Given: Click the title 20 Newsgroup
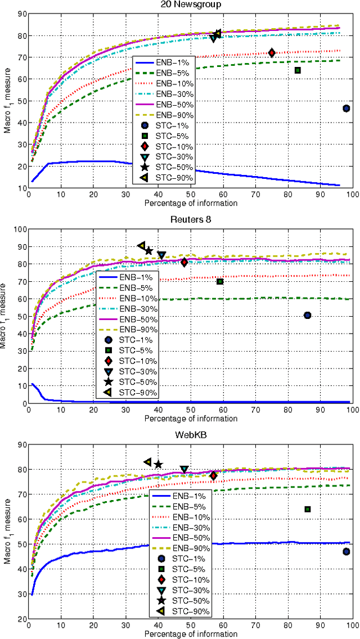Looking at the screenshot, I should click(x=190, y=5).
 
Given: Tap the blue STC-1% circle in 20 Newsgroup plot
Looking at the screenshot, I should click(x=346, y=109).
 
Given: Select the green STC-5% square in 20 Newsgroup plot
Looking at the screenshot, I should click(x=298, y=70).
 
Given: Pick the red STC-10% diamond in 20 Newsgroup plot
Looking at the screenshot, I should click(x=272, y=53).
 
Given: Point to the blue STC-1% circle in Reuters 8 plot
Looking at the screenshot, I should click(x=308, y=316).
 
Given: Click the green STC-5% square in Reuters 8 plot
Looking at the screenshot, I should click(x=220, y=281).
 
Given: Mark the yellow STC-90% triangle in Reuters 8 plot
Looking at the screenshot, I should click(x=142, y=246).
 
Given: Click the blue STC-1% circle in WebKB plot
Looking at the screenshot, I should click(x=346, y=552).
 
